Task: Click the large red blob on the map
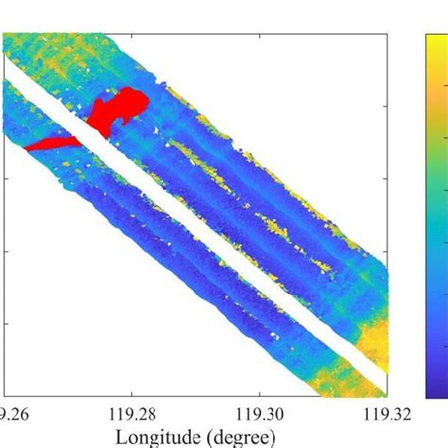coord(117,109)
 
